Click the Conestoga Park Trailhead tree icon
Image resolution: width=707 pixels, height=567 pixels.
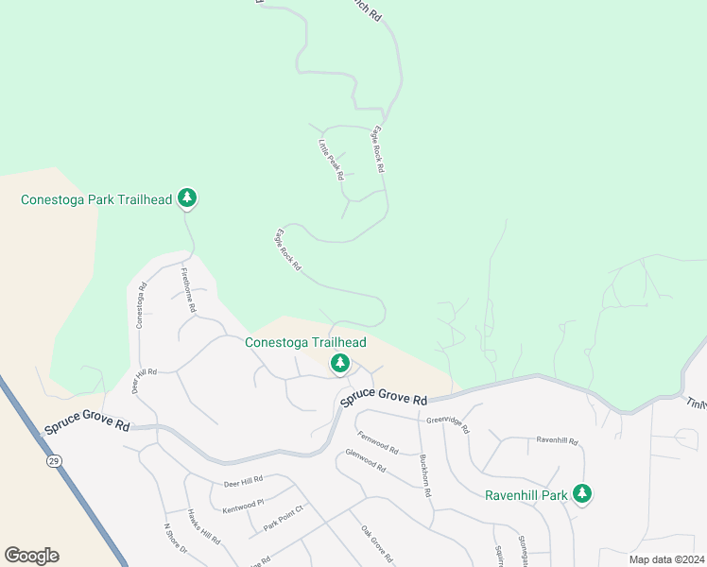click(x=188, y=198)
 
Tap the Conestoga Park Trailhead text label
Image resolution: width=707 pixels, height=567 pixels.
click(x=96, y=199)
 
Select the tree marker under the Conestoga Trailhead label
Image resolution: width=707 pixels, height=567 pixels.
click(x=339, y=363)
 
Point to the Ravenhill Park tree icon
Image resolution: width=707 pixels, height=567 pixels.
click(x=583, y=493)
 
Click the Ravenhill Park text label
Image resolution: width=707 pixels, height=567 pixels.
click(x=526, y=494)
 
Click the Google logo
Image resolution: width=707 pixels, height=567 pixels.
click(x=31, y=556)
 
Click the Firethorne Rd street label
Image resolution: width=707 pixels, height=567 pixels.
click(x=189, y=291)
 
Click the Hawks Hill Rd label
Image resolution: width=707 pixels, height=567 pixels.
click(x=203, y=527)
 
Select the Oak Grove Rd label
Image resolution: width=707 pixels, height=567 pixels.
click(x=376, y=542)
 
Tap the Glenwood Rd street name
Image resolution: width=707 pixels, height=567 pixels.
click(x=365, y=460)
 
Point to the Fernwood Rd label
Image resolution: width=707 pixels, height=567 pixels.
click(x=378, y=441)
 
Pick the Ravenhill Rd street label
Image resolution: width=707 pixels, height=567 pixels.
click(x=556, y=439)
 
